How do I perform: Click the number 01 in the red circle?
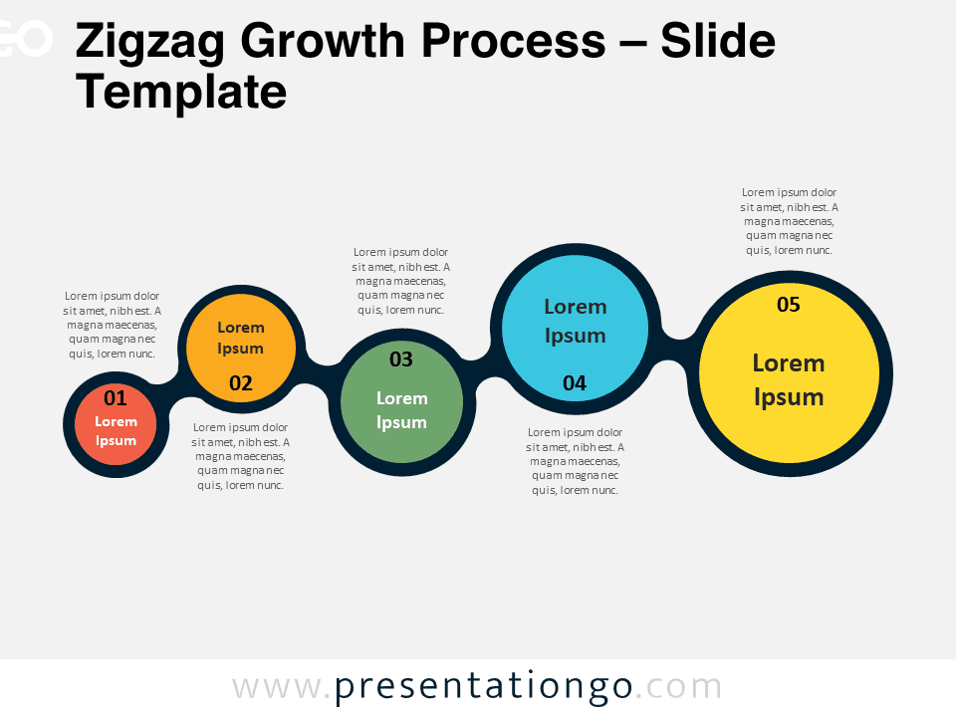[116, 398]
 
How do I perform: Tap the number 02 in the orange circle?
[241, 382]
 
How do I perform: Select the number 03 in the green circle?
[401, 359]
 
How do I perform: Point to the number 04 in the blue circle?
[575, 382]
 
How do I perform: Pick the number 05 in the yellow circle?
[789, 305]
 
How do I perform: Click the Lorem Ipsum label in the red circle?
[116, 431]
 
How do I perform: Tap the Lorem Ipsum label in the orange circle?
[241, 338]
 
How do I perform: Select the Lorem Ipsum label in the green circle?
[401, 410]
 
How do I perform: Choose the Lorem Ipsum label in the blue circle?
[576, 322]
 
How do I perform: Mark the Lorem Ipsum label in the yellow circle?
[789, 379]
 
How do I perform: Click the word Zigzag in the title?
[150, 42]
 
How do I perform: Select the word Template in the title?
[181, 92]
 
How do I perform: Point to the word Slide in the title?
[718, 41]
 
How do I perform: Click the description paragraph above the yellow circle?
[789, 221]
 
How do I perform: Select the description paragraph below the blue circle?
[575, 461]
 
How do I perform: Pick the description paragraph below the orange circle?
[240, 456]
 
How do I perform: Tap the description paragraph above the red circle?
[113, 325]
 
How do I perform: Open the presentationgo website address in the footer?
[477, 687]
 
